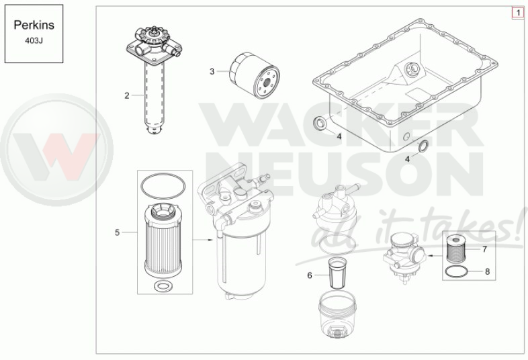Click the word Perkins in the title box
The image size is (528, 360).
tap(34, 26)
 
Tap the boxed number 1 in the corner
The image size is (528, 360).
tap(518, 13)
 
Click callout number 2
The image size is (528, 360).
tap(126, 95)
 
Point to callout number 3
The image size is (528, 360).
tap(212, 71)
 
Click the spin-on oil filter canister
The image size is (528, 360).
tap(254, 75)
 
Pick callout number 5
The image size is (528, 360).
tap(117, 232)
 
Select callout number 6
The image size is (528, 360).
tap(310, 275)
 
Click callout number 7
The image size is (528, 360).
tap(485, 249)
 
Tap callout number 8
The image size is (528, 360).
tap(487, 271)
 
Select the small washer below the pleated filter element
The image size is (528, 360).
tap(163, 286)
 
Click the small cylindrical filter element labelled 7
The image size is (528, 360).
tap(457, 249)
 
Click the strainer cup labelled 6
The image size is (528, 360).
tap(337, 273)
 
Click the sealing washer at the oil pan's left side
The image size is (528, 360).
tap(320, 124)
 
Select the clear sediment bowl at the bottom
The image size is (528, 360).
tap(337, 315)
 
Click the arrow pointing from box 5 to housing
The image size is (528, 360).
tap(203, 240)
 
